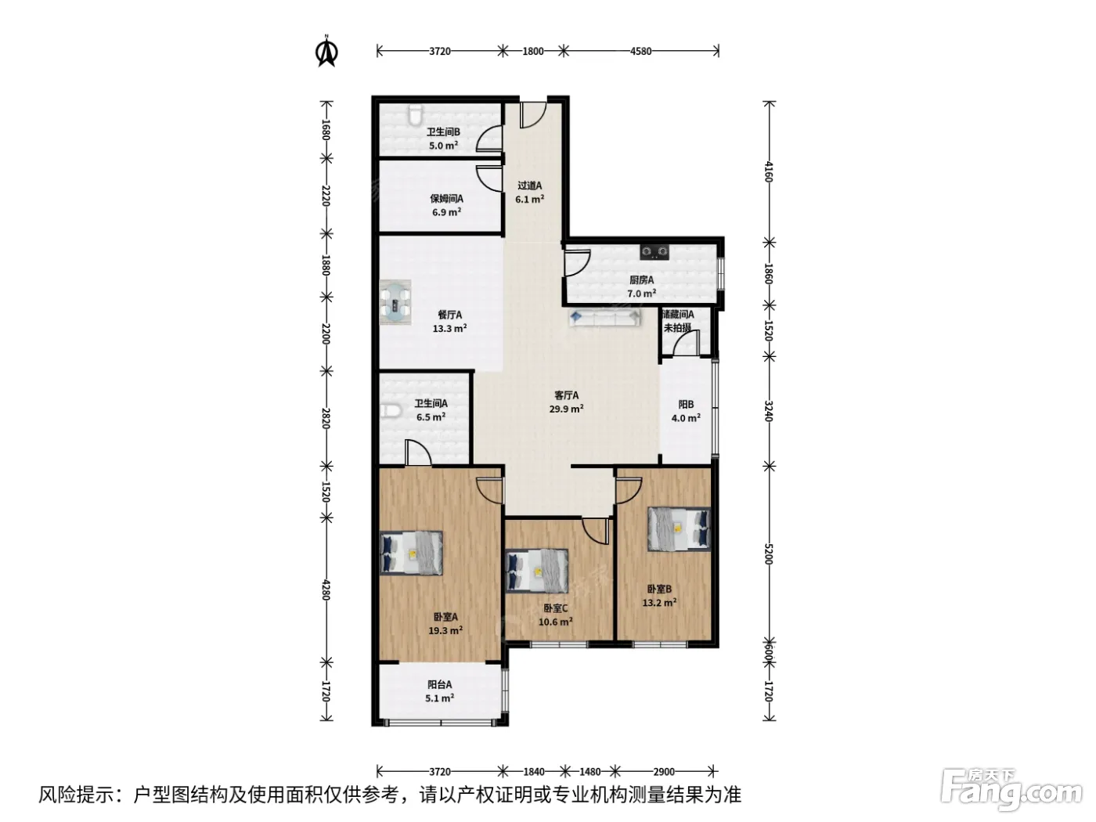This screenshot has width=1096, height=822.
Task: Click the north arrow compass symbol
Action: (327, 51)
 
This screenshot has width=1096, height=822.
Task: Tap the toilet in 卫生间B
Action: (414, 115)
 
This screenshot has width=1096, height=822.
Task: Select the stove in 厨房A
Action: (654, 251)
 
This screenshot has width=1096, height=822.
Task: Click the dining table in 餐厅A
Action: (395, 302)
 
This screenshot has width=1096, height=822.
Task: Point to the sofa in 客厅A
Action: (604, 317)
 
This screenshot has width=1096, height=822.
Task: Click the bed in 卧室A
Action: (411, 553)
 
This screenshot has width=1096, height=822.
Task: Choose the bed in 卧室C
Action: (536, 571)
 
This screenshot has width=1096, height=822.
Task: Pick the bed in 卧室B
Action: (679, 529)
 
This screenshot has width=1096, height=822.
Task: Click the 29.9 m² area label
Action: (566, 409)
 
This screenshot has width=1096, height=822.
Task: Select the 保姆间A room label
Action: (446, 199)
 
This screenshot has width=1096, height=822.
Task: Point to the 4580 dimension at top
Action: (640, 51)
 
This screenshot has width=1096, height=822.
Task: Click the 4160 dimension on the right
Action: (769, 171)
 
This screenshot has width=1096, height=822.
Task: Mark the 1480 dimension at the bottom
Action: (589, 772)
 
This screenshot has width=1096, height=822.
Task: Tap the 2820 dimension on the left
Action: (326, 418)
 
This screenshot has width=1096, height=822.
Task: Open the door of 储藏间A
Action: (685, 344)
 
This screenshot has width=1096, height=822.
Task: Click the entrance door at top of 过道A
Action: (533, 115)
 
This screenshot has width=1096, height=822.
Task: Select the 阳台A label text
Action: (439, 685)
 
